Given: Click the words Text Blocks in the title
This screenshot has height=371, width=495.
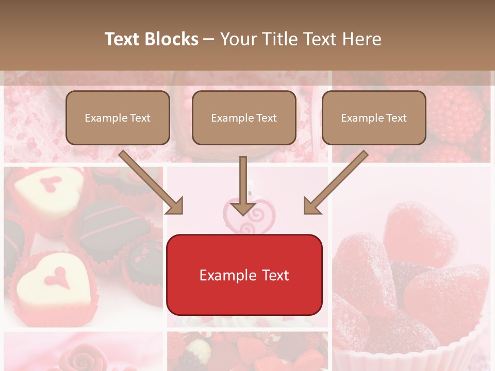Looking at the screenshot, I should click(151, 39).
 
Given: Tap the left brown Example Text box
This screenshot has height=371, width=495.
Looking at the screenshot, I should click(118, 117).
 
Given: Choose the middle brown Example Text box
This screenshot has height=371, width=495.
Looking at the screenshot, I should click(244, 117).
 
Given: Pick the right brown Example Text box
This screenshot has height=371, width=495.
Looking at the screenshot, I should click(374, 117).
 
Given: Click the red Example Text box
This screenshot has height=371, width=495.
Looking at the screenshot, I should click(244, 275).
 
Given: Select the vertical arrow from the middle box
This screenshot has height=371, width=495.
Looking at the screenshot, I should click(243, 183).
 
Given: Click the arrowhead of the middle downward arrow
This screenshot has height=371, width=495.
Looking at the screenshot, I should click(243, 208).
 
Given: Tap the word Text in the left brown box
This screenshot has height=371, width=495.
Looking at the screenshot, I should click(140, 117).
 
